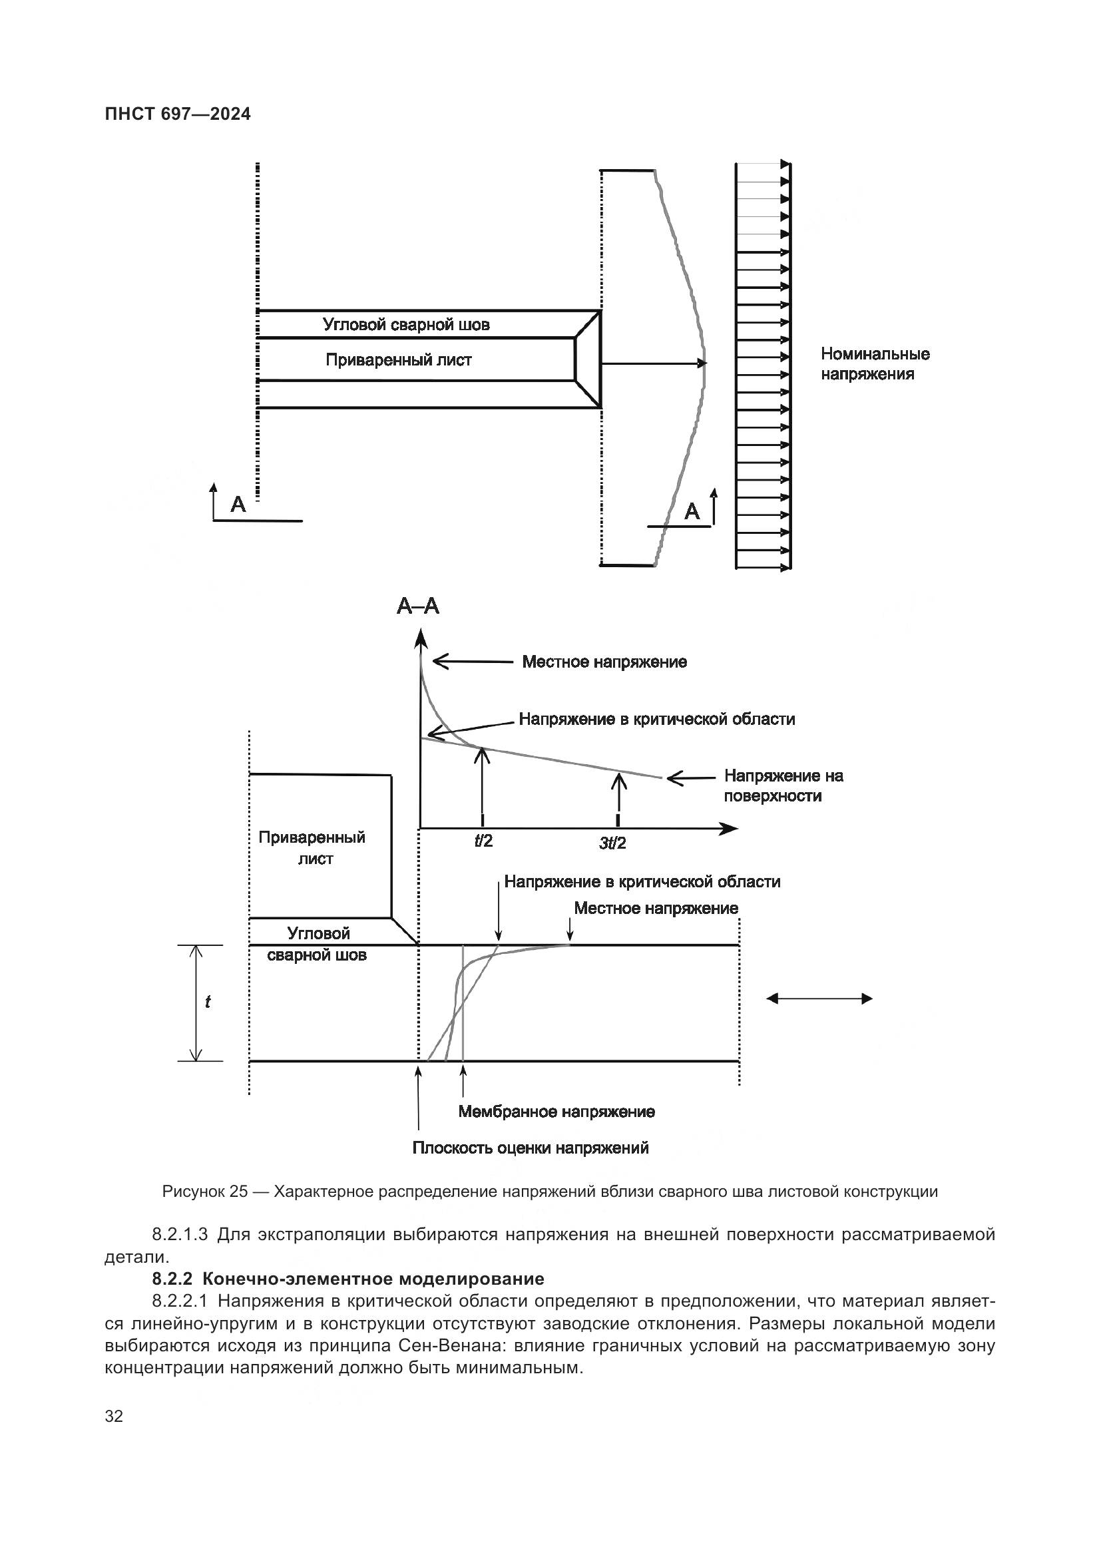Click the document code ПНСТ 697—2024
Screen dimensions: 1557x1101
178,114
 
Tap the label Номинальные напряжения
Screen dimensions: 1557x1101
875,363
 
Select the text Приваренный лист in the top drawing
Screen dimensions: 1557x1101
398,360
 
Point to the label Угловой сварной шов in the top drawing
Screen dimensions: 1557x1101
405,325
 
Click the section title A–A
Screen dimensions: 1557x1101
417,606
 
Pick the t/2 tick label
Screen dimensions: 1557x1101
483,841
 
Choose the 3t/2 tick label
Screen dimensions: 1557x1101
612,843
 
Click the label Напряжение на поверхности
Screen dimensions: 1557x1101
783,785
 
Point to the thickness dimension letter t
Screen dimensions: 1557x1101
208,1002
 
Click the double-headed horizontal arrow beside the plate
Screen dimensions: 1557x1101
819,999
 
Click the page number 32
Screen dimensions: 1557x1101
114,1416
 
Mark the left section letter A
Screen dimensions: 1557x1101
238,504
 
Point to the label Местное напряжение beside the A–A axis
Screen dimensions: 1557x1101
604,662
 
